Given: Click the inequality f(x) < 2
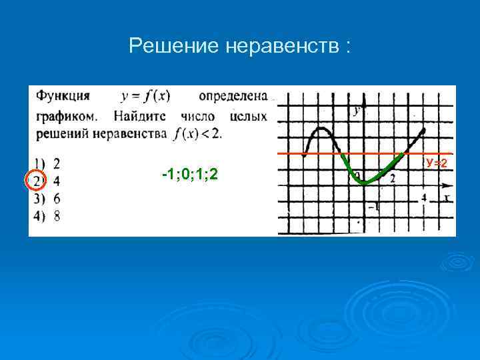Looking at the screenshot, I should tap(197, 133).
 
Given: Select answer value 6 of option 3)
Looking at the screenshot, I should tap(57, 199).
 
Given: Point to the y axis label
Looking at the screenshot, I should tap(358, 111).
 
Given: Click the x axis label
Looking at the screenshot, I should tap(445, 197).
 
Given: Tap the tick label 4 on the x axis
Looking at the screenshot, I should tap(424, 198).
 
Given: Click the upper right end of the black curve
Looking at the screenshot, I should tap(423, 129).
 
